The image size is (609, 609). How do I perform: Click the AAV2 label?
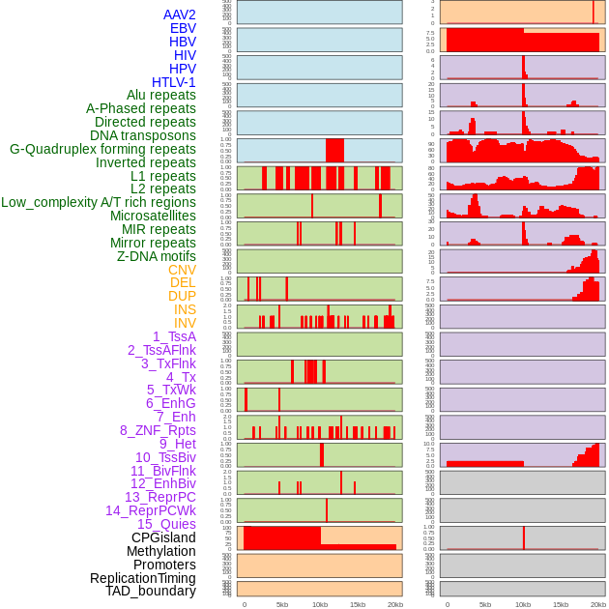[179, 14]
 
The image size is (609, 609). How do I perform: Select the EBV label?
[183, 28]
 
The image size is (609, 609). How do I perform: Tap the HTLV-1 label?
[173, 82]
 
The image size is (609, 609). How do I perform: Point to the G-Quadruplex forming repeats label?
[102, 149]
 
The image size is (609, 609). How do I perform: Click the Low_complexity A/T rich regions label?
[99, 202]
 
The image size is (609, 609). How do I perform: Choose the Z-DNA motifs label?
[157, 256]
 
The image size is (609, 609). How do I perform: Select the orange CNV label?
[182, 270]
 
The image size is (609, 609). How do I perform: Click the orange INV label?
[185, 323]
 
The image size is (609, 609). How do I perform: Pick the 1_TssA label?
[174, 336]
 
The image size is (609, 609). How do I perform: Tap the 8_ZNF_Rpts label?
[158, 430]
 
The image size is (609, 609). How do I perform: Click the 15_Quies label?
[166, 524]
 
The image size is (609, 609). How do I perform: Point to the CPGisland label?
[163, 537]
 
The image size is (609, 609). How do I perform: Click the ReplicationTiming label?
[142, 578]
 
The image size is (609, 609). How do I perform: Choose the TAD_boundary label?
[151, 591]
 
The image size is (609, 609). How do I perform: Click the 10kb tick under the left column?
[320, 604]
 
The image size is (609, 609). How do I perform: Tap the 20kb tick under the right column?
[598, 604]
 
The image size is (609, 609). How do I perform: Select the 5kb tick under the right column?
[485, 604]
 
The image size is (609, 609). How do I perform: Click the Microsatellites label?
[153, 216]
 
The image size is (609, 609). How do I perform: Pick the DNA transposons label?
[143, 135]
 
